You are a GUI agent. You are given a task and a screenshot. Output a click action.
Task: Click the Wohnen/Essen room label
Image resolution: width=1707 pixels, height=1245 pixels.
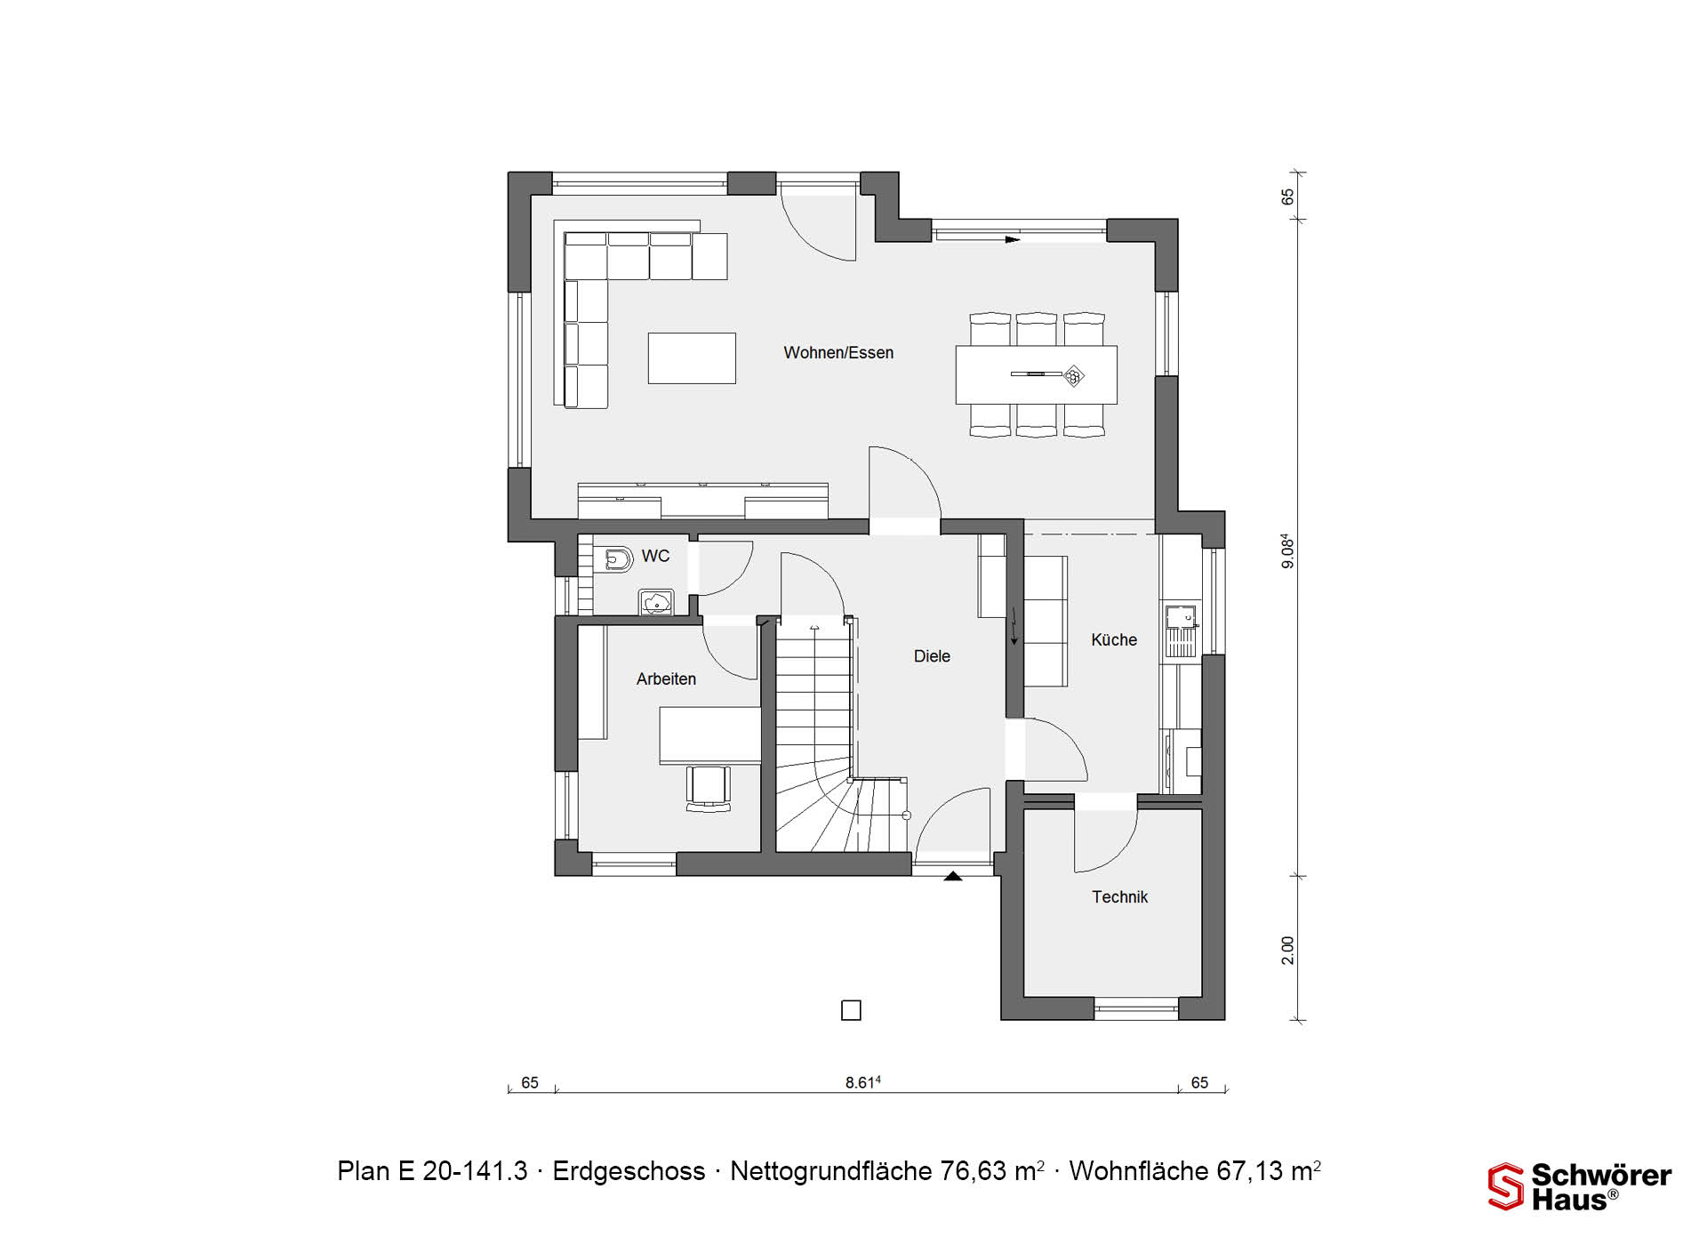point(838,353)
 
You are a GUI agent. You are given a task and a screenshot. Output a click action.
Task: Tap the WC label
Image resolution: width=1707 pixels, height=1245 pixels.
point(655,556)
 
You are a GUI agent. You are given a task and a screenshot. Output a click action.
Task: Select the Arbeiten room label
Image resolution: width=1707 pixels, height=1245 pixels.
point(666,679)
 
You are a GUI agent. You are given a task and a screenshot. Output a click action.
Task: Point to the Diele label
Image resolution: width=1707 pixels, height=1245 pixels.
point(932,656)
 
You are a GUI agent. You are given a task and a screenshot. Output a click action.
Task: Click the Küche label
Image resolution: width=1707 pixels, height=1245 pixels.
point(1114,639)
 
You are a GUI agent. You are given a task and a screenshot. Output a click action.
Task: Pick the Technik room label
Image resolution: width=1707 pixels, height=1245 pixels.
point(1120,897)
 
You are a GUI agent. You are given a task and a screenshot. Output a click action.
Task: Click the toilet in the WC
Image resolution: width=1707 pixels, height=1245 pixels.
point(617,558)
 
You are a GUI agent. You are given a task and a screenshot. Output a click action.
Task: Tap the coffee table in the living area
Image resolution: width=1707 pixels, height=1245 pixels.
point(692,358)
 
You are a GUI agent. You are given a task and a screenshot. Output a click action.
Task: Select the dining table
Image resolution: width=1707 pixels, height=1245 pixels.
point(1037,374)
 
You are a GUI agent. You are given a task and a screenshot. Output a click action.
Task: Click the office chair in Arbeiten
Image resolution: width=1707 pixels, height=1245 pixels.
point(709,788)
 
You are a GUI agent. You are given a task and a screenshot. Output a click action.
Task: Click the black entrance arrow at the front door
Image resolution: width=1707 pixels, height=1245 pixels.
point(953,876)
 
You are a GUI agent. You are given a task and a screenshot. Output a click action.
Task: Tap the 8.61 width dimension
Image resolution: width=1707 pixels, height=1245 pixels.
point(862,1082)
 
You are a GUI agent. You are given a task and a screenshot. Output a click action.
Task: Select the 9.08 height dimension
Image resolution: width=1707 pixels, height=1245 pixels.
point(1287,551)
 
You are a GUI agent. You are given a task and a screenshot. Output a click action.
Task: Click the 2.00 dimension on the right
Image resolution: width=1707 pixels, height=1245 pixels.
point(1287,950)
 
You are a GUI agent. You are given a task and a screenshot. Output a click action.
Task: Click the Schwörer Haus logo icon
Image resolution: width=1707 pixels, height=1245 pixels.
point(1506,1187)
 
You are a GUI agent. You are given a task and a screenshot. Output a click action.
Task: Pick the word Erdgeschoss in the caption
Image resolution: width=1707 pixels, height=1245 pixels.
point(629,1171)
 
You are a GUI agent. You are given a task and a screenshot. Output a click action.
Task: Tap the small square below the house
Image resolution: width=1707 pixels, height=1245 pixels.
point(851,1010)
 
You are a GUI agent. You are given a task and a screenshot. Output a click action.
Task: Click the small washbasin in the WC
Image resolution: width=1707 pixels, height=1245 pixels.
point(656,602)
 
